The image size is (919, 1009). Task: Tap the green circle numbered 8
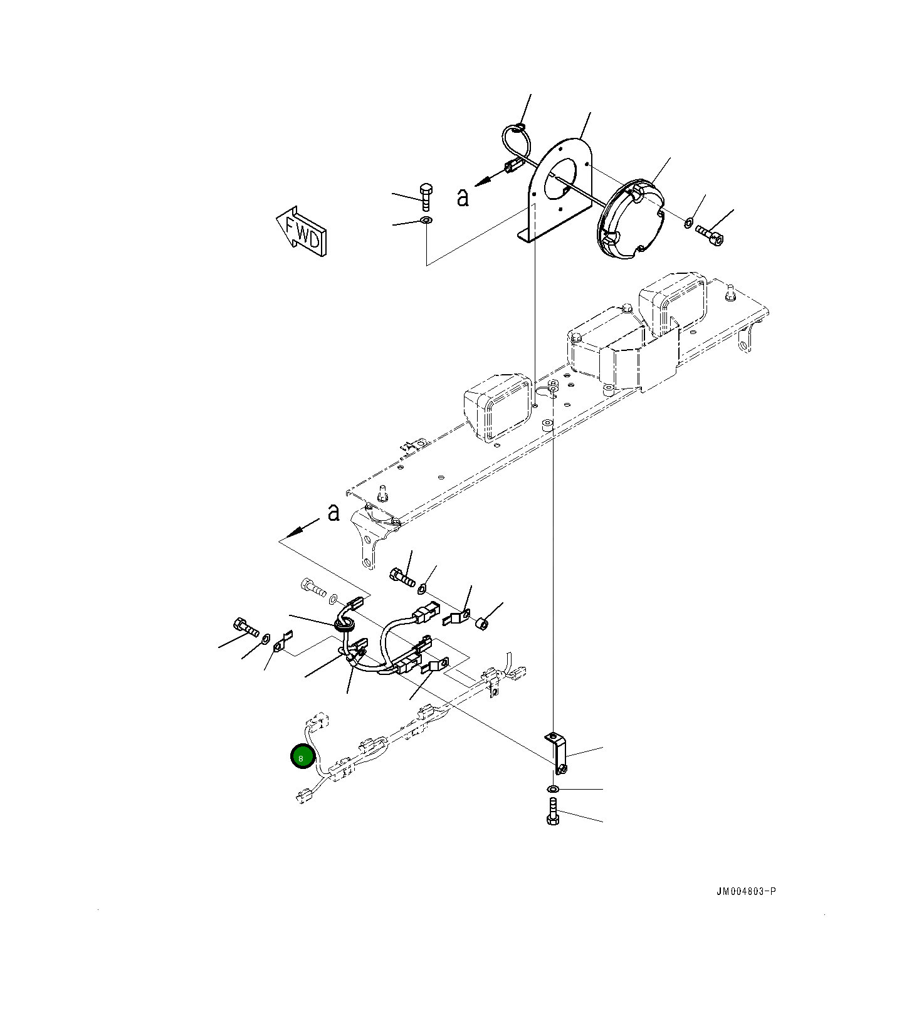point(302,757)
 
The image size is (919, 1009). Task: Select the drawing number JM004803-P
point(746,891)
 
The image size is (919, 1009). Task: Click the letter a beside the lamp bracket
point(463,197)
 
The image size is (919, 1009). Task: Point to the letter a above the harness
point(333,512)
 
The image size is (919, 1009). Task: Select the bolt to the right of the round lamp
point(710,236)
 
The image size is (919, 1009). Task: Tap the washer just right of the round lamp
point(688,222)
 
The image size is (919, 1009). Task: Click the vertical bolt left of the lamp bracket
point(426,197)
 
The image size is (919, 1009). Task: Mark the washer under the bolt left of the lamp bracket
point(426,221)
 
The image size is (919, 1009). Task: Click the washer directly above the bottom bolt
point(553,788)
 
